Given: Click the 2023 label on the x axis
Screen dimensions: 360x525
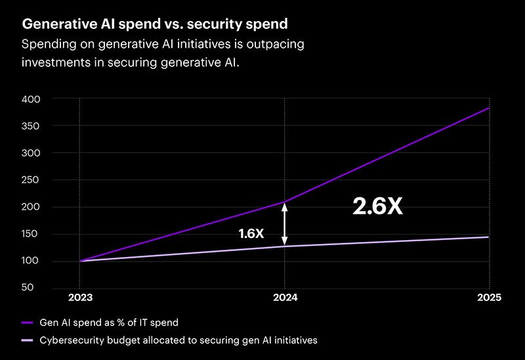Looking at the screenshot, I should click(x=79, y=297).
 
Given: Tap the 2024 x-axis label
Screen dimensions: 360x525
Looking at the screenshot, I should click(x=284, y=297).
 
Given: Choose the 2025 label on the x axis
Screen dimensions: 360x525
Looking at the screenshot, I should click(x=488, y=297).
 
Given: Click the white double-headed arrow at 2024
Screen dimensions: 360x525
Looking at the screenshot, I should click(x=284, y=224).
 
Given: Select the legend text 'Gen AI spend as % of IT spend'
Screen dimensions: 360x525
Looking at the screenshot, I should click(x=108, y=323).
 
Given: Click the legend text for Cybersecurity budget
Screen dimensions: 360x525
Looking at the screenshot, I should click(x=177, y=340).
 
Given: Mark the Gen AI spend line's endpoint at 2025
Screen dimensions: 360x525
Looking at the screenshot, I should click(x=489, y=108).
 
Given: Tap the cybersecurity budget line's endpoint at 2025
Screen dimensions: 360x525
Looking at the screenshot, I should click(x=489, y=237).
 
